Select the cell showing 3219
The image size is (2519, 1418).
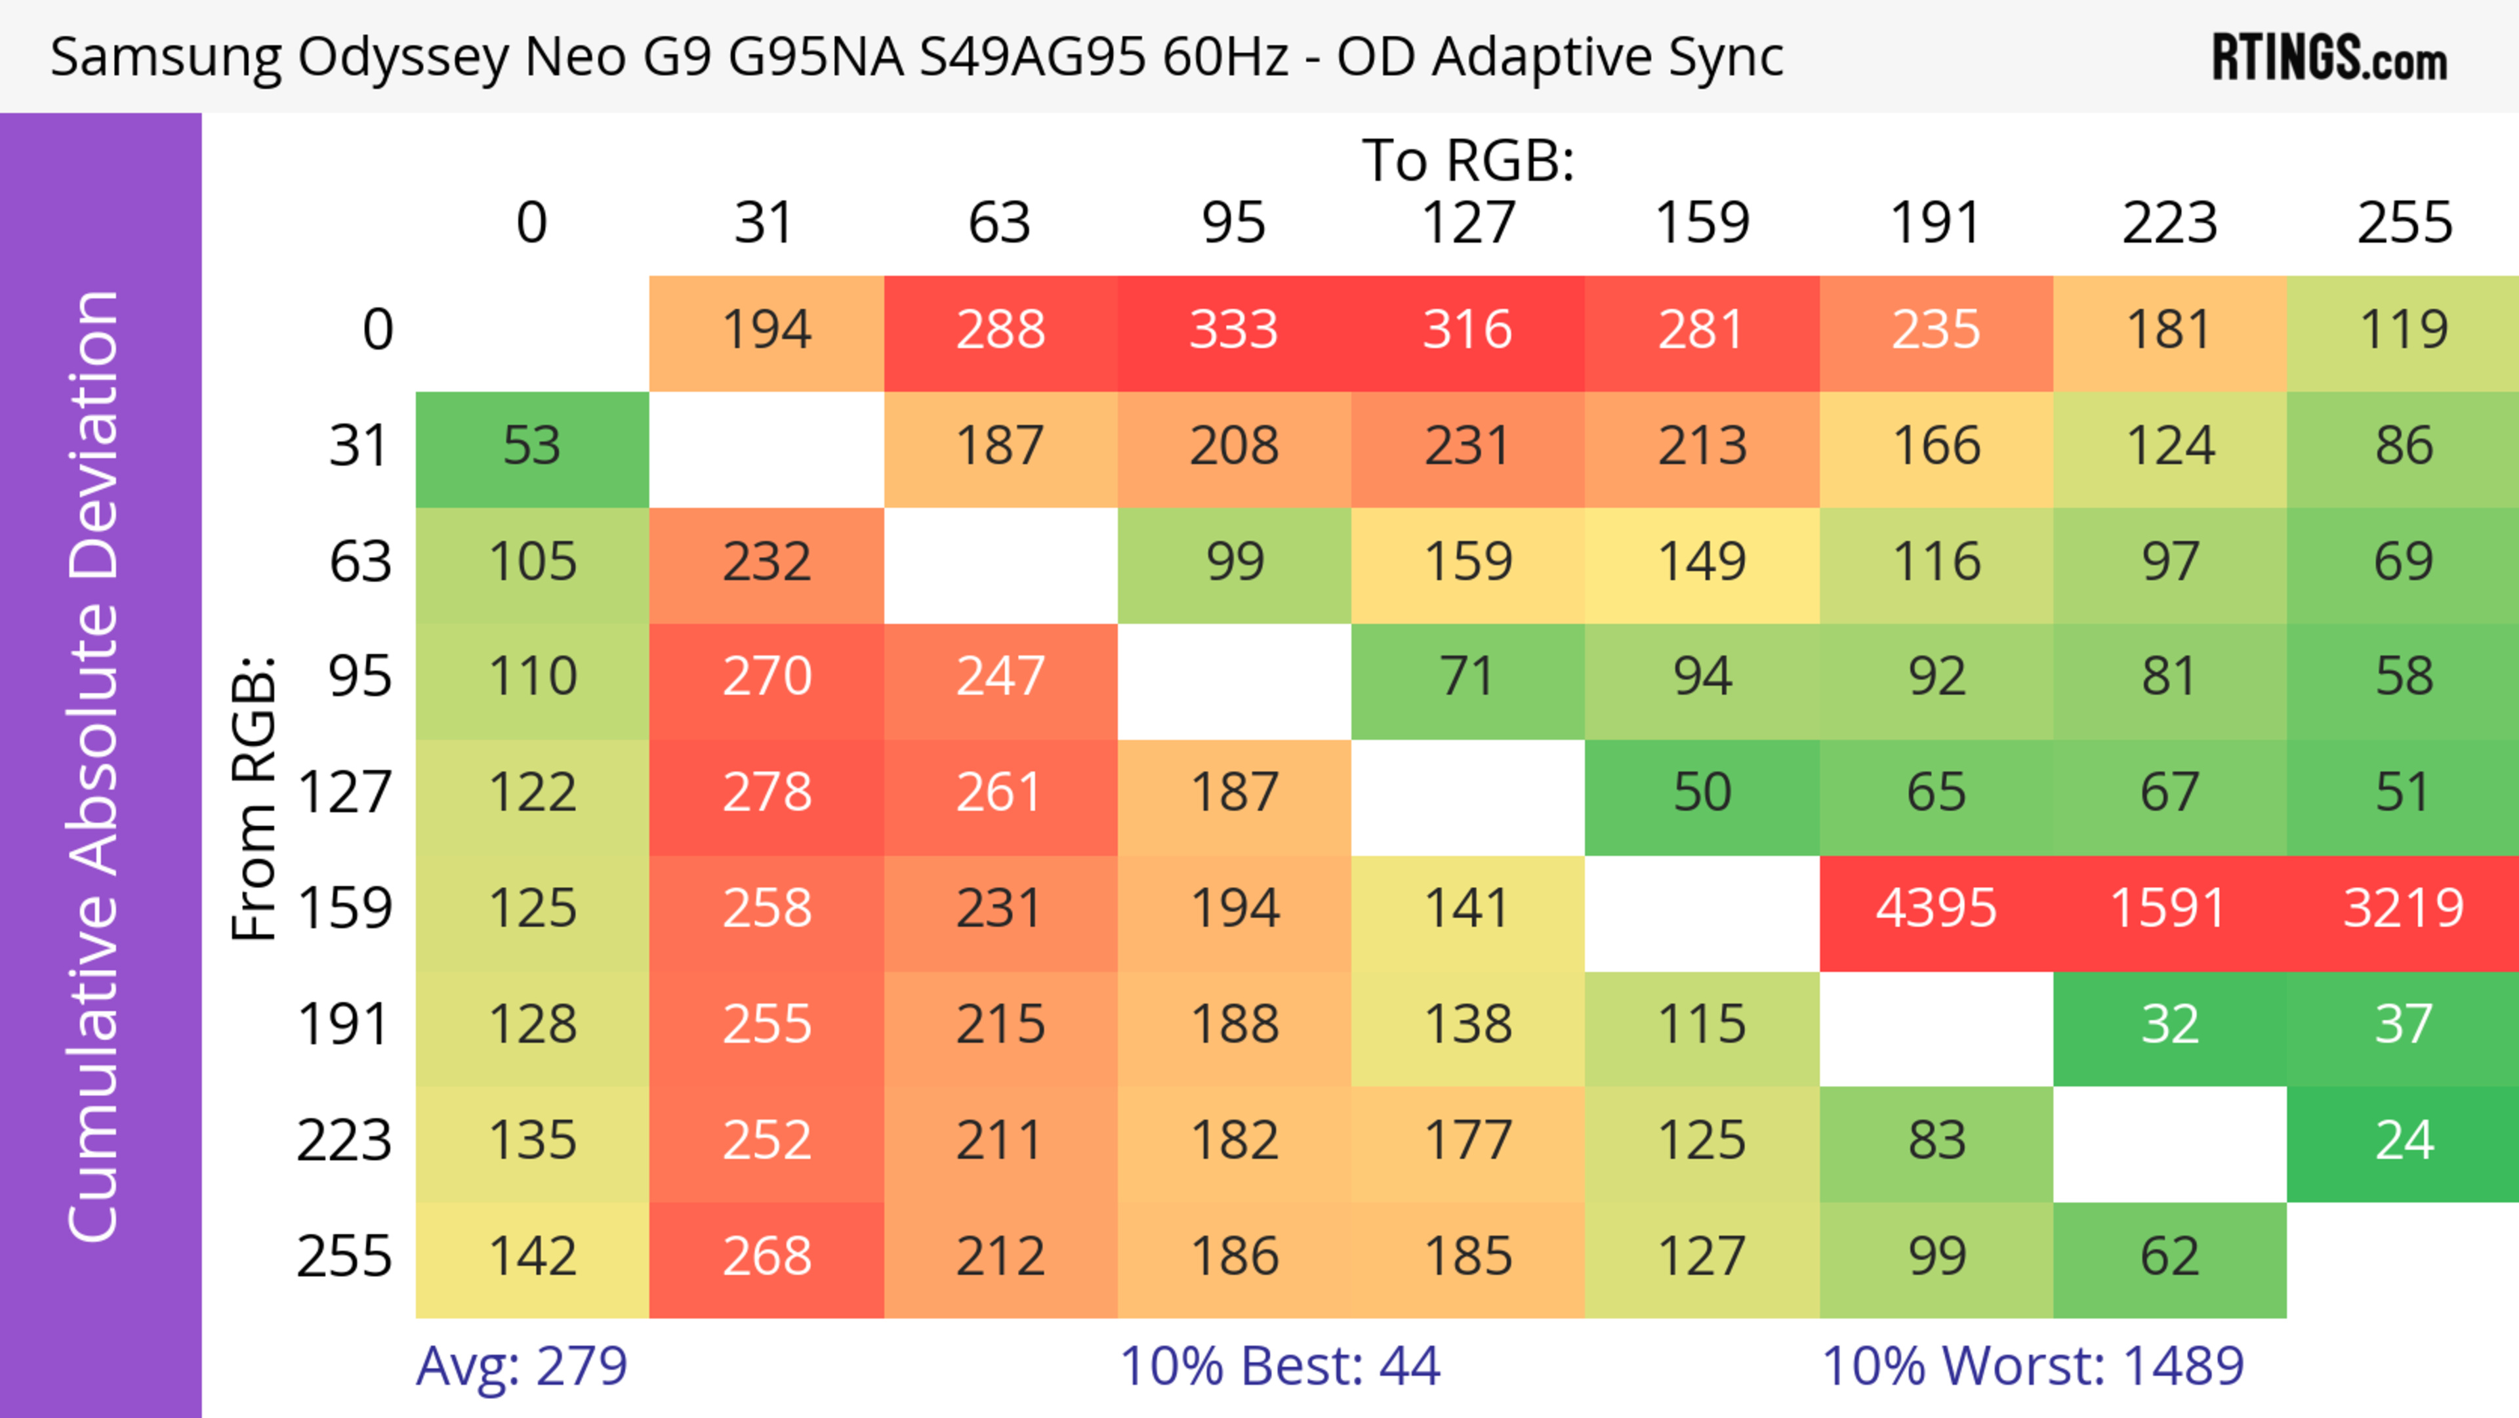(2403, 909)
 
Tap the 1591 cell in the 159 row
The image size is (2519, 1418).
(2169, 909)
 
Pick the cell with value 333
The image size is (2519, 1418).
(1233, 329)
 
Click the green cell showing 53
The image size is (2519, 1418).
(532, 446)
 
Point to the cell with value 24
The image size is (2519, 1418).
(2403, 1140)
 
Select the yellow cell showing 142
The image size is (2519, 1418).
(532, 1257)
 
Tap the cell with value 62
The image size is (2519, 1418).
(2169, 1257)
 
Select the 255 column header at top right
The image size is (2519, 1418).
(2404, 223)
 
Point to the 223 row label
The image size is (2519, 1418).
(344, 1140)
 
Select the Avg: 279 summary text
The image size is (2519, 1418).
(522, 1366)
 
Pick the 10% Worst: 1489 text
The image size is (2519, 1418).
(2032, 1366)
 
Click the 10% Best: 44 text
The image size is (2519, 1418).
(1279, 1366)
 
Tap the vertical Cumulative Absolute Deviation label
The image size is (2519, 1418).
(94, 766)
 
